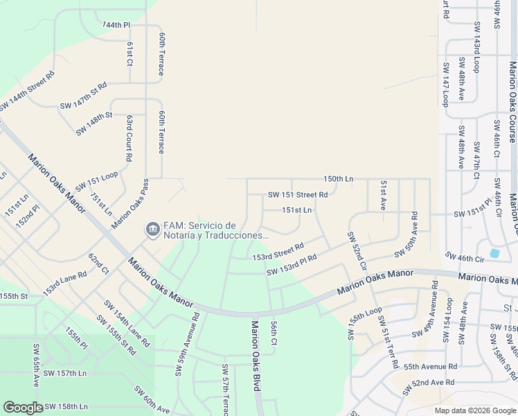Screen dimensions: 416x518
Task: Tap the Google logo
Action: [x=24, y=408]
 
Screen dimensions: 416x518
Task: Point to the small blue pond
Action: [x=495, y=253]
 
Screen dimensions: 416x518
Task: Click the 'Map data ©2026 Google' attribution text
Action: [x=475, y=410]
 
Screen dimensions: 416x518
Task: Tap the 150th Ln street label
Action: [x=339, y=179]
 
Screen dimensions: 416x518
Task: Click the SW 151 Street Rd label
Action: [x=298, y=195]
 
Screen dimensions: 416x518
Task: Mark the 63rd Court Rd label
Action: [x=129, y=138]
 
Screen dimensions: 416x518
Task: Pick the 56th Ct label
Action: [x=274, y=333]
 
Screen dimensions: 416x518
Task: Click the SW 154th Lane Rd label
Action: [x=126, y=323]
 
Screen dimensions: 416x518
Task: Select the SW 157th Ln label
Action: [x=64, y=373]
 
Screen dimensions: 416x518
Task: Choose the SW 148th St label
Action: [x=95, y=124]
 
